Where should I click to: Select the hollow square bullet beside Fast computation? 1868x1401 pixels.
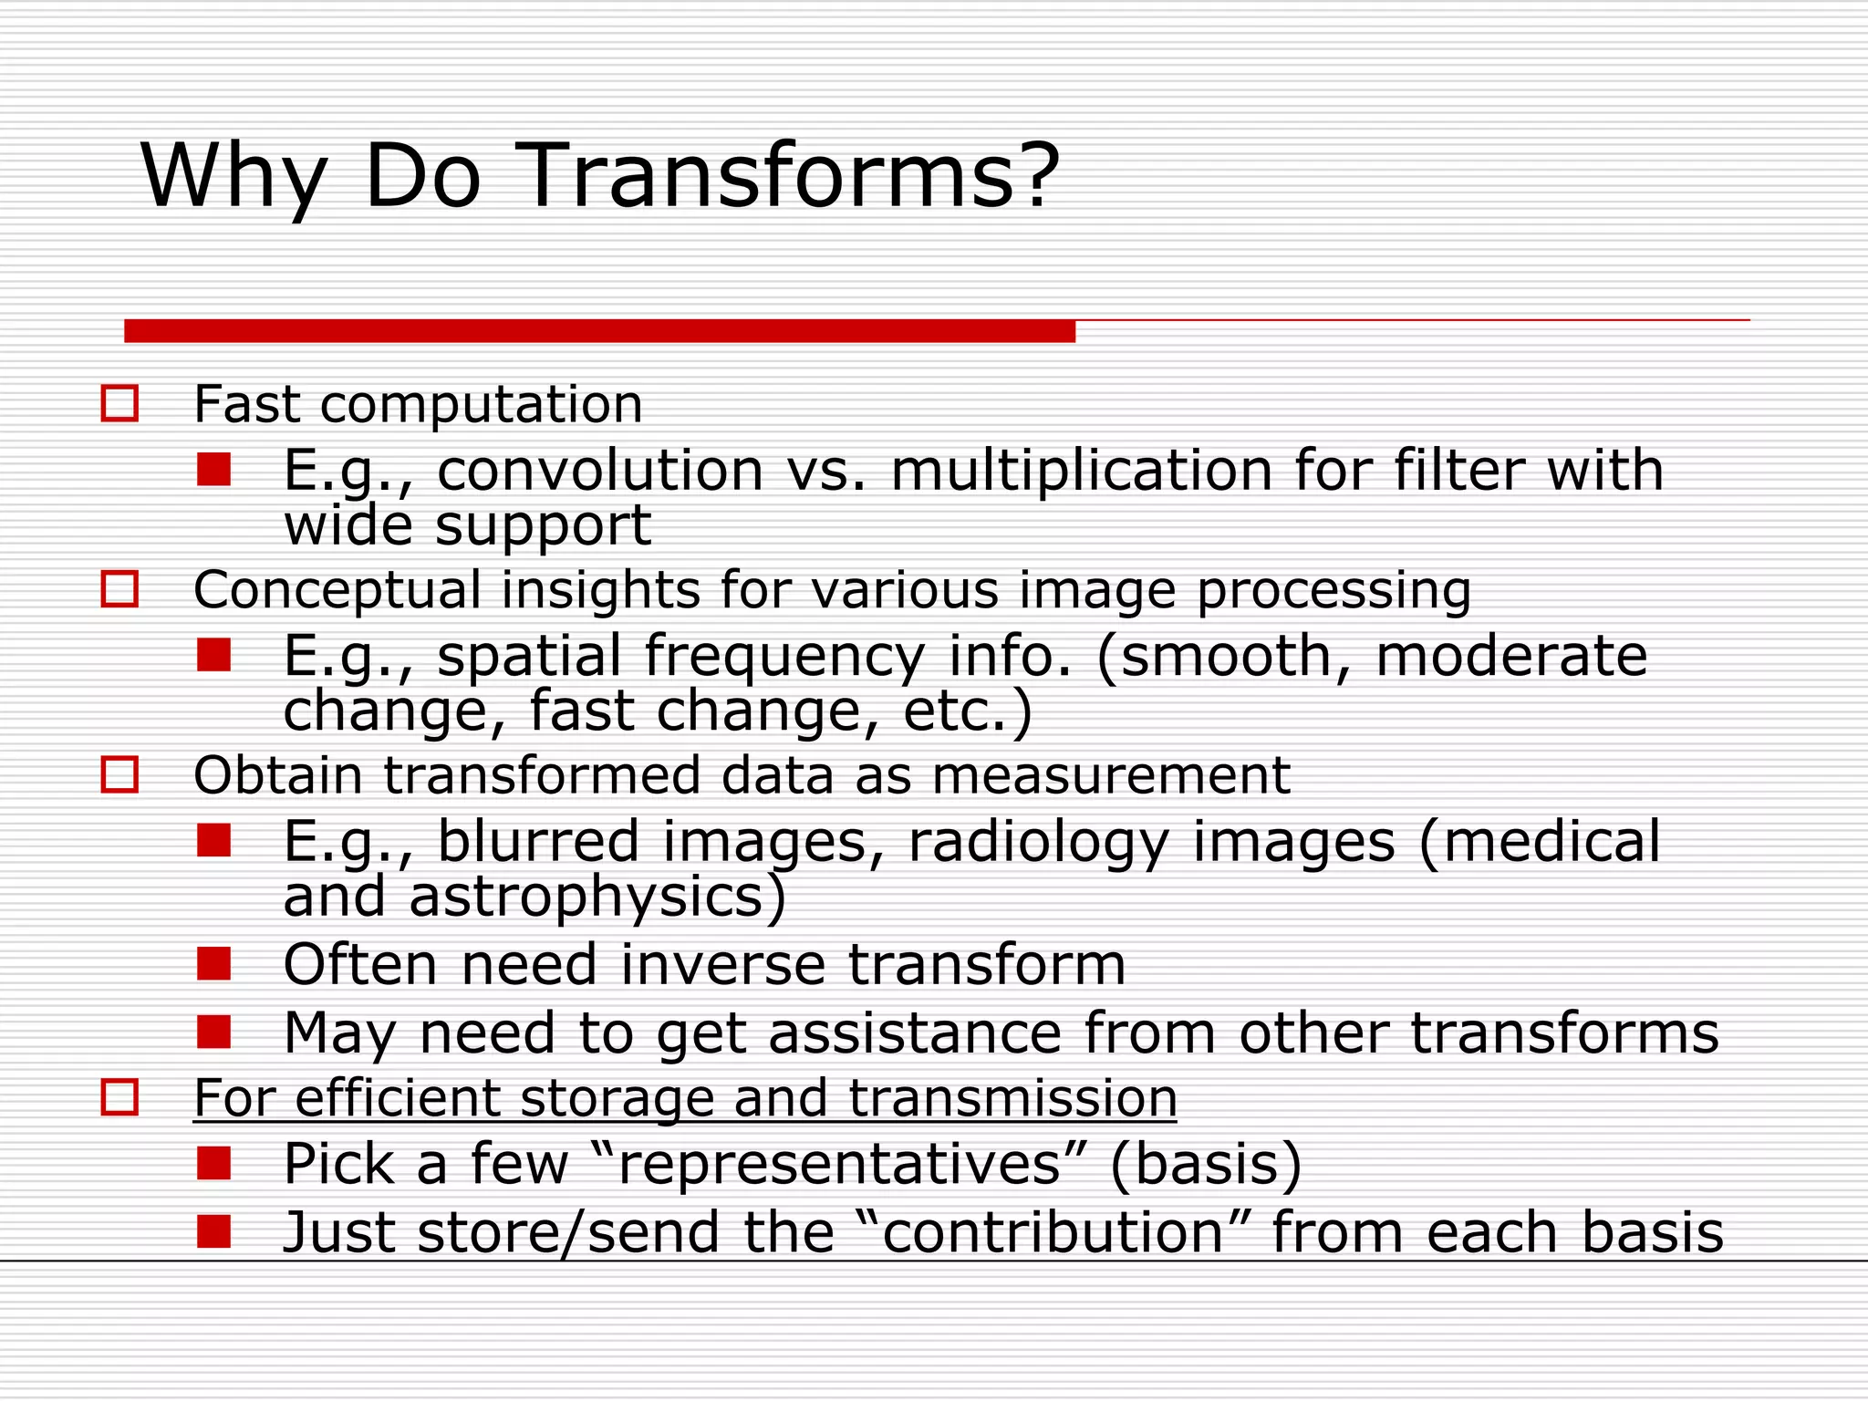[119, 403]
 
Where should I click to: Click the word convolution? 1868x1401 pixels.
[599, 471]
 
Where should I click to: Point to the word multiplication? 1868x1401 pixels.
[1081, 471]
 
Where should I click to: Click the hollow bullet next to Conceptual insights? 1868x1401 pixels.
[119, 589]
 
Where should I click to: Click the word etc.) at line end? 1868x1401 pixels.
[968, 711]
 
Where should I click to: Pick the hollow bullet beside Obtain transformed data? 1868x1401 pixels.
[119, 774]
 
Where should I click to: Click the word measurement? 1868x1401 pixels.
[1110, 776]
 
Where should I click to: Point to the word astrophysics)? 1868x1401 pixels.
[597, 897]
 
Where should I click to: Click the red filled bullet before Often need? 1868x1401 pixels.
[213, 963]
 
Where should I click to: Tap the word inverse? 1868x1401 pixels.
[722, 965]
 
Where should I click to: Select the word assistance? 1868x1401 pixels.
[915, 1033]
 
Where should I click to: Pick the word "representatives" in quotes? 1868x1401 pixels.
[839, 1165]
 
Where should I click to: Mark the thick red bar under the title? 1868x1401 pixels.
[599, 331]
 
